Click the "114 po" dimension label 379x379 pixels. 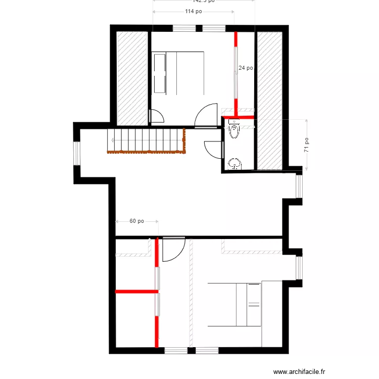click(x=193, y=11)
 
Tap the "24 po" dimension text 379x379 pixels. click(x=246, y=68)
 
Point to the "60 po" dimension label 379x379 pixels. click(x=136, y=221)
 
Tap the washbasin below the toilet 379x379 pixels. click(x=234, y=164)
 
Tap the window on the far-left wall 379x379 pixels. click(x=77, y=153)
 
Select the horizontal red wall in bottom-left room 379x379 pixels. click(x=136, y=292)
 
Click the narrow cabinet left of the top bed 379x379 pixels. click(x=159, y=73)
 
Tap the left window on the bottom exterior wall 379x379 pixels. click(x=175, y=350)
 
